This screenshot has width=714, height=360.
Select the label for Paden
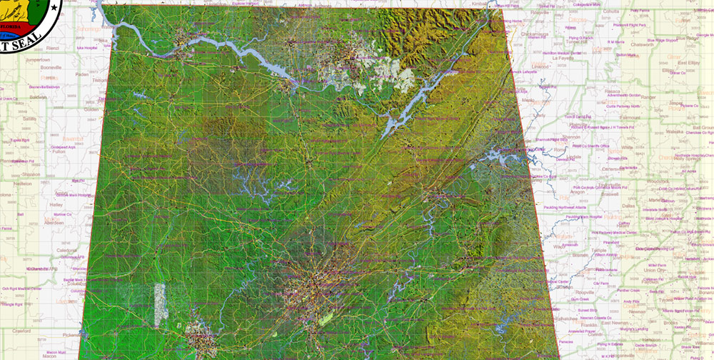tap(82, 74)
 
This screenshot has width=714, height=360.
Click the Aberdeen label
tap(54, 222)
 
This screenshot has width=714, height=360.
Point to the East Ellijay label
tap(688, 62)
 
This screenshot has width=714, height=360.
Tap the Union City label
tap(655, 270)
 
